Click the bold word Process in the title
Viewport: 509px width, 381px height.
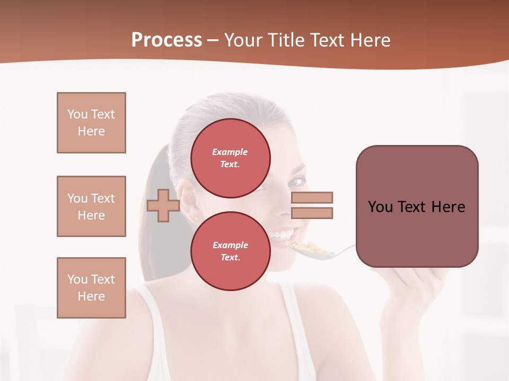pos(166,40)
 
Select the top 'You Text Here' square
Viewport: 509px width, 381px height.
pos(91,123)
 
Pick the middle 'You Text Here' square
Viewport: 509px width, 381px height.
pos(91,206)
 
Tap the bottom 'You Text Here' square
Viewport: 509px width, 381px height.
pos(91,288)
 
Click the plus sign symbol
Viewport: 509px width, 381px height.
pos(163,205)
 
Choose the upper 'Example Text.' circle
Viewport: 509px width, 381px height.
pos(230,158)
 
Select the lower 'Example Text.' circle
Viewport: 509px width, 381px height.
pos(230,251)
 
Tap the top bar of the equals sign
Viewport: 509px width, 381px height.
pos(312,197)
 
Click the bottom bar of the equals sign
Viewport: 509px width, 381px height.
pos(312,213)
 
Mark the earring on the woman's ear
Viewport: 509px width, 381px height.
pos(196,217)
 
